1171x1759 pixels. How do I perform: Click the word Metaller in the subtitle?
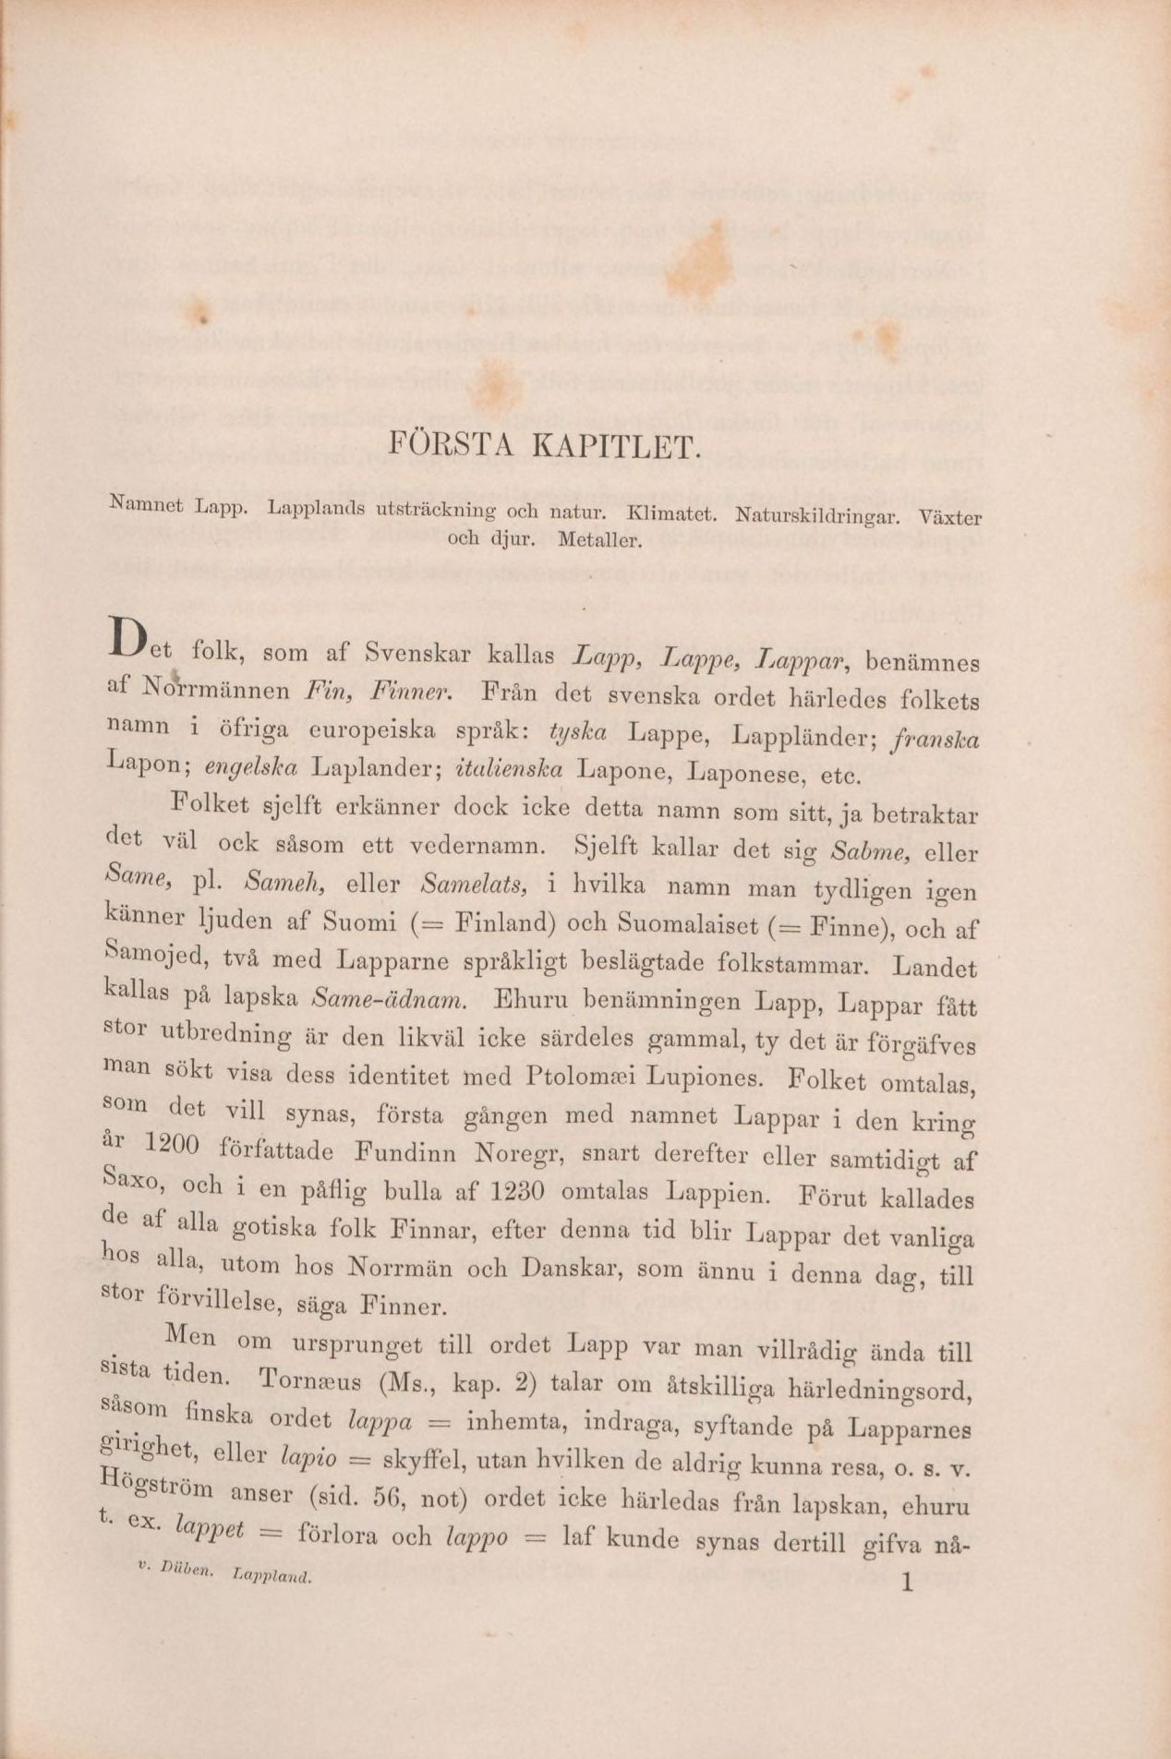[598, 541]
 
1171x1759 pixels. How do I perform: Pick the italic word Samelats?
[473, 886]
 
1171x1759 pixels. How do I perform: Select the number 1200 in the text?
[173, 1146]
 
